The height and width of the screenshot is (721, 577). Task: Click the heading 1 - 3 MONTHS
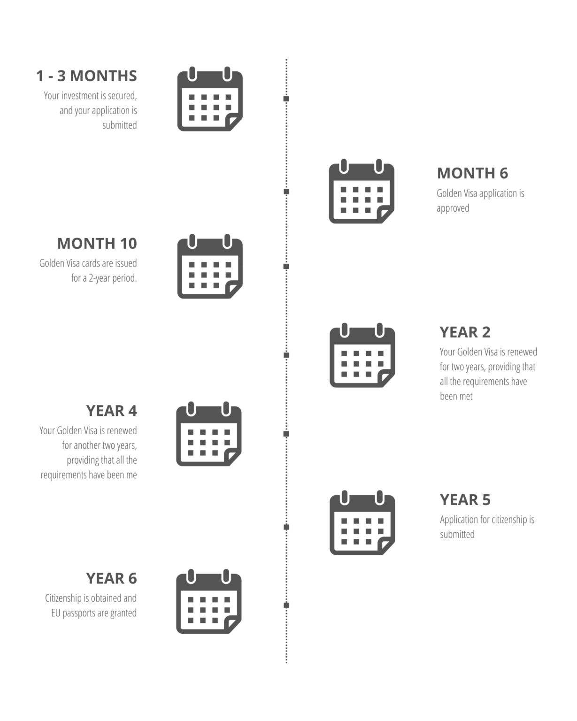(86, 76)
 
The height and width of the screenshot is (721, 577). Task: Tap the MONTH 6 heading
(472, 173)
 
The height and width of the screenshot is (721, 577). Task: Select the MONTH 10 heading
(97, 243)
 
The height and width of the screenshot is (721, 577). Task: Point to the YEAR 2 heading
(465, 332)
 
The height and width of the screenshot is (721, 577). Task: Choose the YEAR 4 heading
(112, 411)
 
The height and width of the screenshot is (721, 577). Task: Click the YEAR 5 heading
(465, 499)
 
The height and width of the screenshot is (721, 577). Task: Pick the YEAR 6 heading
(112, 578)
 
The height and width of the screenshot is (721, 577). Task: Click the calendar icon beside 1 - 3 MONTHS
(210, 99)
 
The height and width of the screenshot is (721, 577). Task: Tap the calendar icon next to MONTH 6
(362, 192)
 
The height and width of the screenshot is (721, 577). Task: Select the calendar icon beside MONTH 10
(210, 266)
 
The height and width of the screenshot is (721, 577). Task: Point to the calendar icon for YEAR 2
(362, 355)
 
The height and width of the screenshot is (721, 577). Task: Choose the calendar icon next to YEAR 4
(209, 434)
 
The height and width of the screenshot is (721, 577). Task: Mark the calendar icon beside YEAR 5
(362, 522)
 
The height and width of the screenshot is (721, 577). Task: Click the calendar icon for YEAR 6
(209, 601)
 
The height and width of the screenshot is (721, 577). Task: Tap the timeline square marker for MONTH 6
(286, 192)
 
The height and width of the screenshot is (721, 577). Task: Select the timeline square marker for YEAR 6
(286, 606)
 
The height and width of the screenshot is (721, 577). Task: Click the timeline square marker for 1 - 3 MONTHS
(286, 99)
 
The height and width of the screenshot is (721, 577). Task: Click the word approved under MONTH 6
(453, 208)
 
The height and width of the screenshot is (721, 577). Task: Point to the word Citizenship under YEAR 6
(63, 598)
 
